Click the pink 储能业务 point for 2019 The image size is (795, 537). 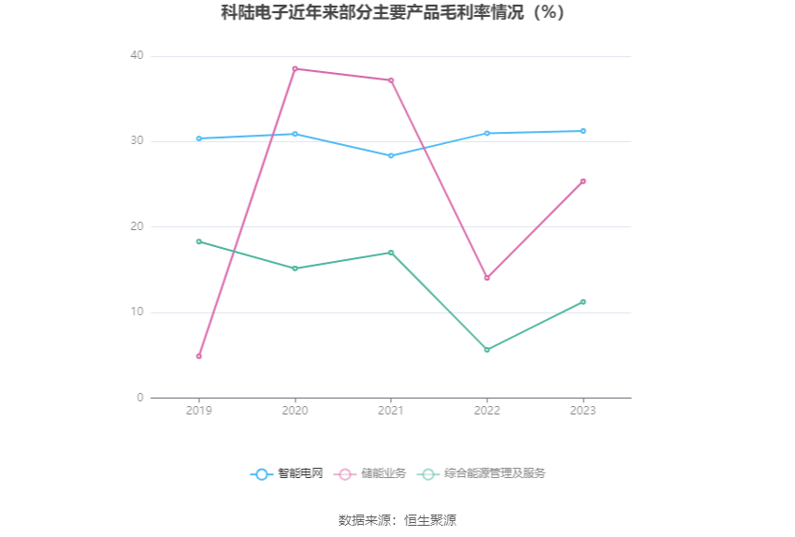click(199, 356)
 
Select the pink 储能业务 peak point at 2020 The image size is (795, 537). click(296, 68)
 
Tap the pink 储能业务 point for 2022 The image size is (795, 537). click(487, 278)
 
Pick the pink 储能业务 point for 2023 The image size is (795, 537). click(584, 181)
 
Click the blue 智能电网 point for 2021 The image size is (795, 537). click(391, 156)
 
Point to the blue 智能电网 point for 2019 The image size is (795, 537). click(199, 138)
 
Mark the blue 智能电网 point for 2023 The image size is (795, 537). click(584, 131)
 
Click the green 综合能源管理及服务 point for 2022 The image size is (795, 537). click(487, 350)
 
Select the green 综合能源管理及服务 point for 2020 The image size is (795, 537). click(296, 268)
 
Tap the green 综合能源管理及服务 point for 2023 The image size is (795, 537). click(584, 302)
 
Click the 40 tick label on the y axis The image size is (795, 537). click(137, 56)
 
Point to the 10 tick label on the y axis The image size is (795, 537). click(137, 312)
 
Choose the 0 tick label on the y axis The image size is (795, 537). click(140, 398)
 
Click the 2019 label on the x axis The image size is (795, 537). click(199, 411)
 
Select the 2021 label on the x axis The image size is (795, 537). click(391, 411)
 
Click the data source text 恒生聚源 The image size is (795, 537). click(430, 520)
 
